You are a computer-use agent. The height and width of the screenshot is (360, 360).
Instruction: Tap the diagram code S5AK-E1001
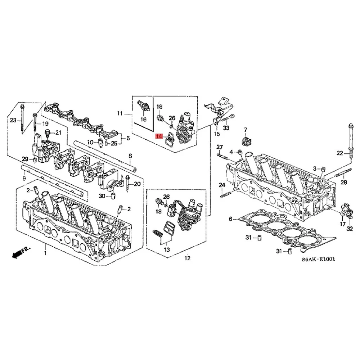pos(319,259)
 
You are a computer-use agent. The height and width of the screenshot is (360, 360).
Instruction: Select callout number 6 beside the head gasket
pos(230,219)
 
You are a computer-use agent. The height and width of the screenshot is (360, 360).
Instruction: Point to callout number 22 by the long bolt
pos(339,153)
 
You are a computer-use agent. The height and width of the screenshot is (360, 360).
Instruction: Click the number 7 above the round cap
pos(246,130)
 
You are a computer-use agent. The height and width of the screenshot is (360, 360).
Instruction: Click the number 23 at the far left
pos(13,120)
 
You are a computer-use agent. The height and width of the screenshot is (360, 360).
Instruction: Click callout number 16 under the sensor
pos(144,119)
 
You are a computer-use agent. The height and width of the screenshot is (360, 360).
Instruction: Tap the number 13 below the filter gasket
pos(167,249)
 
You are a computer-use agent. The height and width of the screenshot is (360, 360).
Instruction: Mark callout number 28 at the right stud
pos(343,183)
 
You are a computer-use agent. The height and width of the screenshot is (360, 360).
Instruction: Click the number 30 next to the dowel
pos(102,196)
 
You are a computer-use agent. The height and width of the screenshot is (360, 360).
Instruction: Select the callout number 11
pos(120,114)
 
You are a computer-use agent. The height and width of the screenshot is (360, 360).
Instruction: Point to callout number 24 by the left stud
pos(222,185)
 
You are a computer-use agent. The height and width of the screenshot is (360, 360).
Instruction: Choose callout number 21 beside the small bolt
pos(58,132)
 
